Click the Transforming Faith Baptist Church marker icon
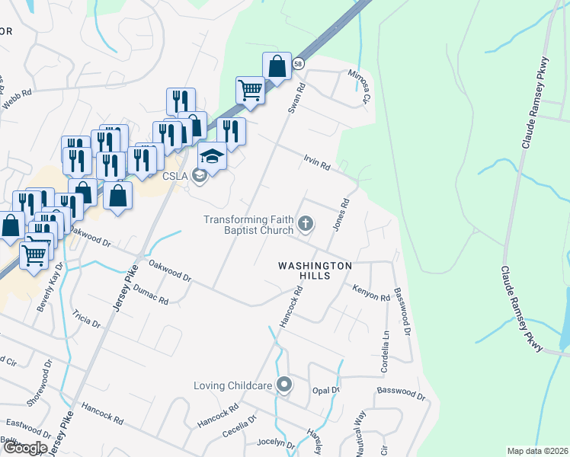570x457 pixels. [x=305, y=224]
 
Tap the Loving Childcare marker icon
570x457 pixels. [x=284, y=385]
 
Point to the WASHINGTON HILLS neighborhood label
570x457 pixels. [x=314, y=270]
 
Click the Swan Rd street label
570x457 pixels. [x=296, y=99]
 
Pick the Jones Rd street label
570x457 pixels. [x=341, y=216]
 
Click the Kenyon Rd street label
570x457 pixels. [x=371, y=292]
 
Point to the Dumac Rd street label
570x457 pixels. [x=150, y=296]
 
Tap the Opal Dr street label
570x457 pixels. [x=325, y=390]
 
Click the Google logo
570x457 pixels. [x=24, y=447]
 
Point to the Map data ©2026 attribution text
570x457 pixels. [x=536, y=451]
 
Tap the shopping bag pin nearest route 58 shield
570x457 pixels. [x=277, y=66]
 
